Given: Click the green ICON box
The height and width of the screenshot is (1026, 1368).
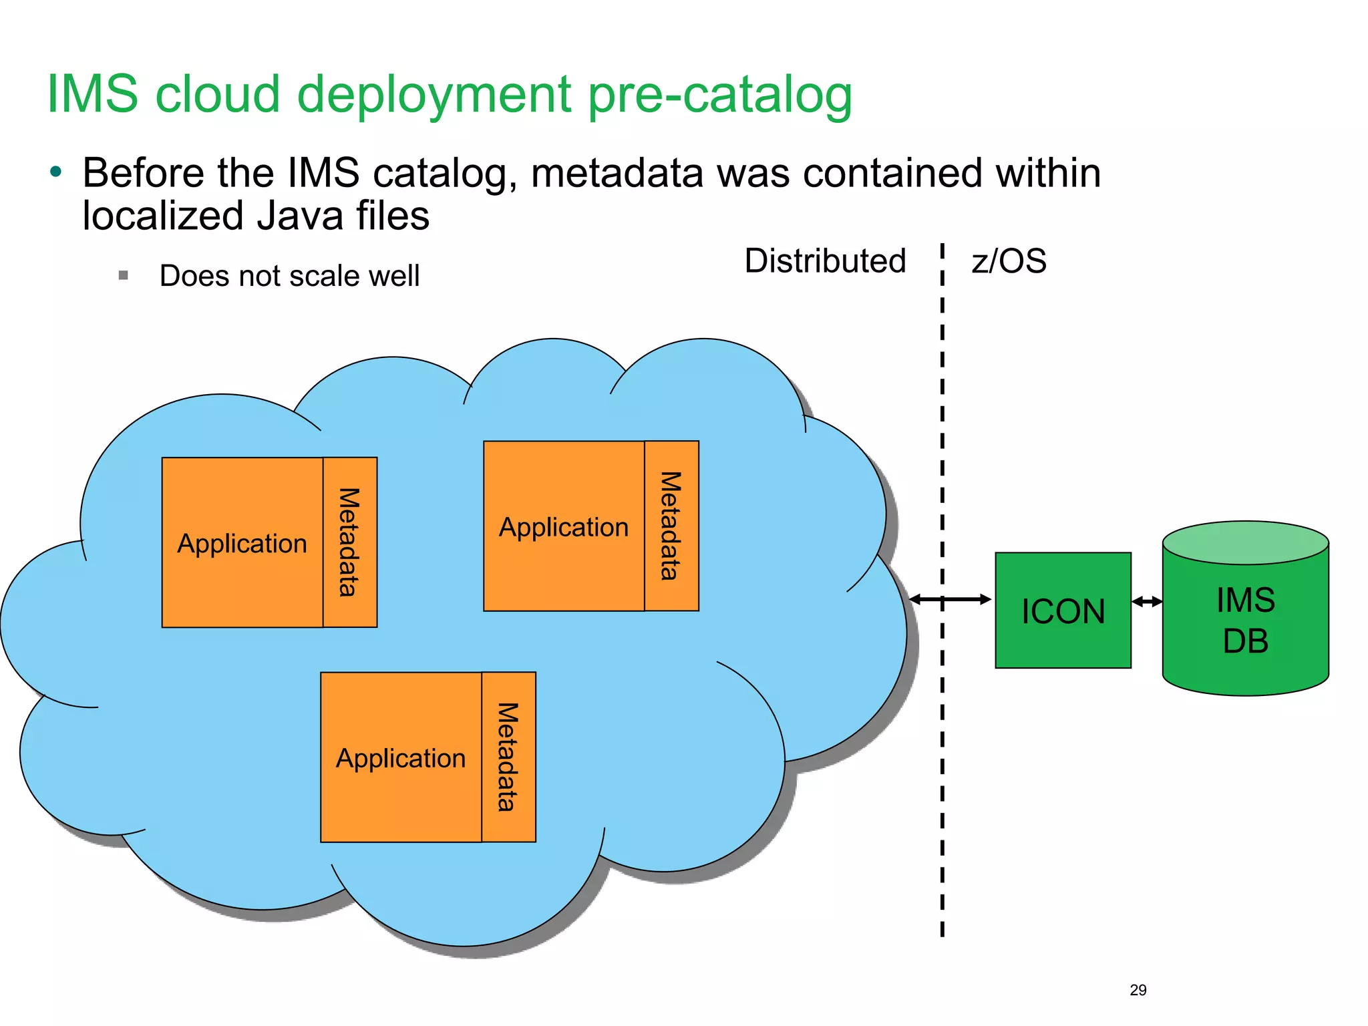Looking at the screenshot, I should [1063, 611].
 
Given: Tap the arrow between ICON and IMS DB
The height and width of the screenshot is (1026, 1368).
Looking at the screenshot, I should [1147, 602].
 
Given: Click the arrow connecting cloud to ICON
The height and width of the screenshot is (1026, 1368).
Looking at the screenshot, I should [951, 599].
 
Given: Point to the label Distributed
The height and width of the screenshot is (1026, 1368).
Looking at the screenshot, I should [825, 261].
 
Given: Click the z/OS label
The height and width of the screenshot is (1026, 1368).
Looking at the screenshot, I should [1009, 261].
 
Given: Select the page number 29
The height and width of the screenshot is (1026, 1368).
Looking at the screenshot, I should [1138, 990].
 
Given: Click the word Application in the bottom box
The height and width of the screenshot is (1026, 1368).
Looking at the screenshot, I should [401, 758].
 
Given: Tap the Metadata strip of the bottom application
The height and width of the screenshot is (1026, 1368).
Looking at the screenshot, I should [508, 757].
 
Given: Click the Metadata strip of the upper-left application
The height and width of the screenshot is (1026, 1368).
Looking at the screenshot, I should [350, 542].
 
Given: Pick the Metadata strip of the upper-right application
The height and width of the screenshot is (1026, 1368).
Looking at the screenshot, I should [671, 526].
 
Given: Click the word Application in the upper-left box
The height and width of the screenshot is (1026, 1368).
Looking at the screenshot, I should [242, 543].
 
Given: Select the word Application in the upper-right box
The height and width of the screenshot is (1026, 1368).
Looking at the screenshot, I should [564, 527].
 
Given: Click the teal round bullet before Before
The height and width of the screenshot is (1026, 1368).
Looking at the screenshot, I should [56, 172].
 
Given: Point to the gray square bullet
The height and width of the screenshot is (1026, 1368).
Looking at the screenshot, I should [123, 275].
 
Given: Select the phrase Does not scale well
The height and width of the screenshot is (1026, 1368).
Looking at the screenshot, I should [289, 276].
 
